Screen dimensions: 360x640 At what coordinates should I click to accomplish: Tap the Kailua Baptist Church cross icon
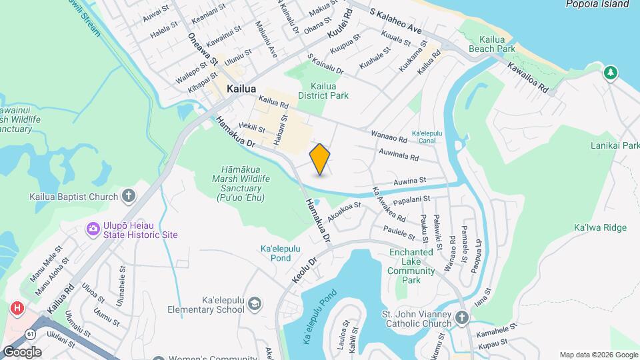pos(129,197)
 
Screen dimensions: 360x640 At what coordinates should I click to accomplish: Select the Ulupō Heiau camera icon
pos(93,229)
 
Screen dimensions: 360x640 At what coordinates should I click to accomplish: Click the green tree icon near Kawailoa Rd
pos(610,72)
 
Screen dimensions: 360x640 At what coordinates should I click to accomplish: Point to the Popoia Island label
pos(597,4)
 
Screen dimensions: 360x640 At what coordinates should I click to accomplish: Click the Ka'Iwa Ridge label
pos(600,228)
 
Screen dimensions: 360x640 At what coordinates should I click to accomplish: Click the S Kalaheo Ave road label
pos(397,20)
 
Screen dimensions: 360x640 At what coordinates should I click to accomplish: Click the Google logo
pos(22,352)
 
